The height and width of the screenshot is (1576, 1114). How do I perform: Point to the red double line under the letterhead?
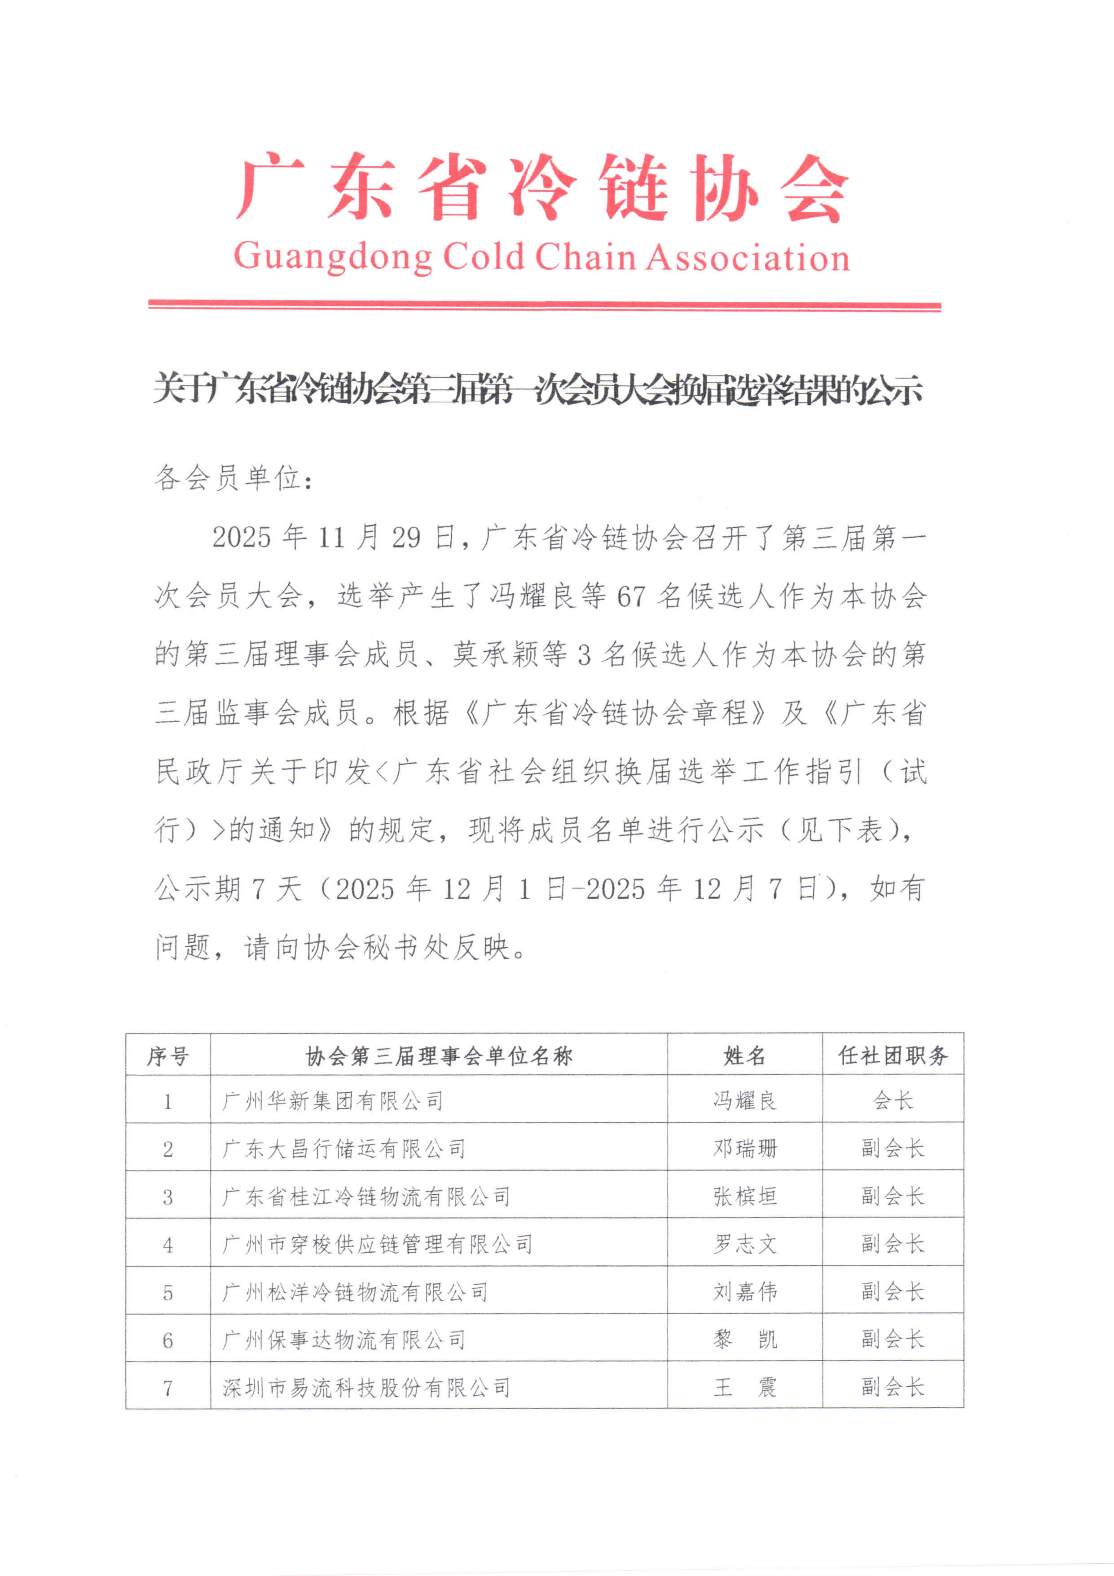(544, 305)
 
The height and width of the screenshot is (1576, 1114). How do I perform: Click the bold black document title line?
(537, 389)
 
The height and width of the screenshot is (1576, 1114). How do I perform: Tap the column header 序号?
(168, 1056)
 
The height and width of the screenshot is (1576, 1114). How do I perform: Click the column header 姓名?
(744, 1056)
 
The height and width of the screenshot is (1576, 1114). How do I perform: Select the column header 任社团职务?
(893, 1056)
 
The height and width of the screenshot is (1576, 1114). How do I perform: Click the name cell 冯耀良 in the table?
(744, 1101)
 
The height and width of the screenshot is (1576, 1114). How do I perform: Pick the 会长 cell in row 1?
(893, 1101)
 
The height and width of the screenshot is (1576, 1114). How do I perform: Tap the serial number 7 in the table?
(168, 1388)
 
